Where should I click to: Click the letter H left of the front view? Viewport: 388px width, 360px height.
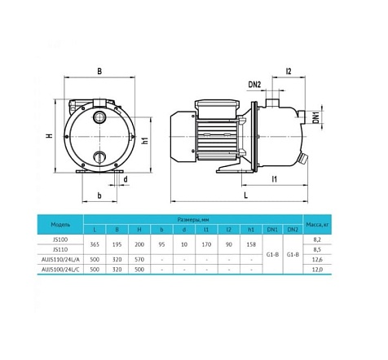tap(49, 135)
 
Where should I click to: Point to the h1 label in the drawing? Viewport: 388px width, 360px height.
tap(144, 141)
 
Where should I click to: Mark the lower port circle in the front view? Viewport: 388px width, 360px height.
tap(99, 155)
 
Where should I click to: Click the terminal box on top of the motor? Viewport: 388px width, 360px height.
tap(209, 103)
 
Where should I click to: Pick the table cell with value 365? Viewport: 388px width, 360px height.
tap(95, 244)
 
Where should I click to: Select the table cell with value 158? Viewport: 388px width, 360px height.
tap(249, 244)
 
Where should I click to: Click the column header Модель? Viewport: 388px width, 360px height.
tap(60, 225)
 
